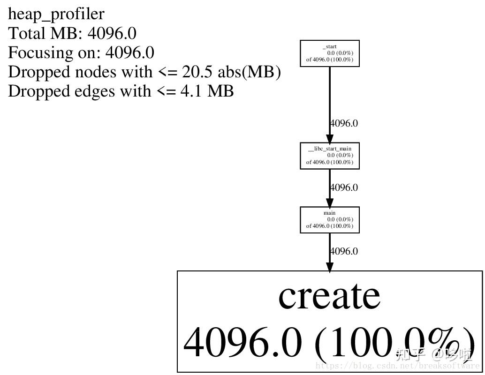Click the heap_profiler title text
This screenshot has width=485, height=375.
(56, 14)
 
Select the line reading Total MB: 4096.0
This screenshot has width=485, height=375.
(72, 33)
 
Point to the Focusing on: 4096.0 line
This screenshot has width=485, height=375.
(81, 52)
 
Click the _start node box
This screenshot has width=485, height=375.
(329, 53)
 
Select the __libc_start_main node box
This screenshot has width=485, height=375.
(329, 156)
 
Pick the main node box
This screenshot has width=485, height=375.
(329, 219)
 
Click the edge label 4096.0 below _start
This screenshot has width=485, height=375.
(344, 123)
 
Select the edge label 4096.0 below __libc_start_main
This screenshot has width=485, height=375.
(344, 187)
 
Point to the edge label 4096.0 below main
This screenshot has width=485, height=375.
(344, 251)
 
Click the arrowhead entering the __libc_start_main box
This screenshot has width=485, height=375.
(330, 139)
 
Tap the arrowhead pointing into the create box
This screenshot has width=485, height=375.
(330, 267)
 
